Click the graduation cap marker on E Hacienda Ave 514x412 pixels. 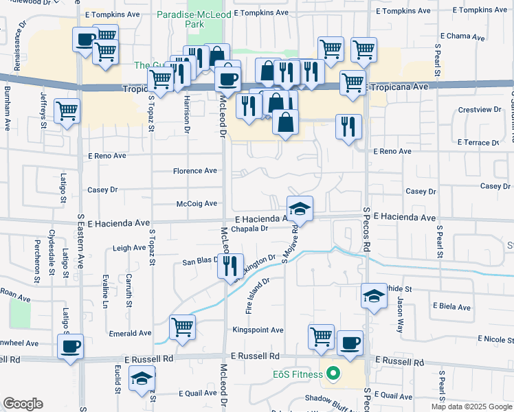pos(300,208)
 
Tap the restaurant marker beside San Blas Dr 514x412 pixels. pos(230,264)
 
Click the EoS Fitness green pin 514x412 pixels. pos(334,374)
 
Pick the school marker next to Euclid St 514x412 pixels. pos(142,378)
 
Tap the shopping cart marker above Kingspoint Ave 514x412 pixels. pos(321,336)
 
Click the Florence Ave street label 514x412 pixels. pos(194,171)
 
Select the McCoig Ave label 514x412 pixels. pos(197,203)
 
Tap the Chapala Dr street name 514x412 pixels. pos(249,229)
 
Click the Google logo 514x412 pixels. pos(23,404)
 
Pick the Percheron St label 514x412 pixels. pos(36,261)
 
